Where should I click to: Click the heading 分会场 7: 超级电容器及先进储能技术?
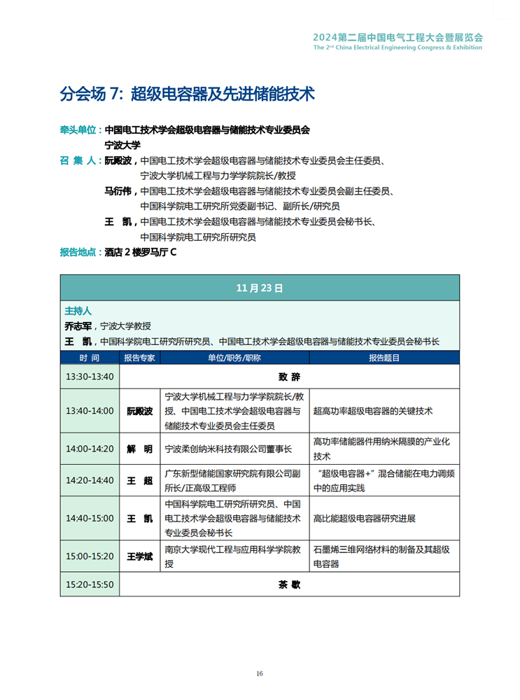click(x=187, y=94)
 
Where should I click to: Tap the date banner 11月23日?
click(x=260, y=288)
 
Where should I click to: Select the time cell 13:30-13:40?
click(x=90, y=377)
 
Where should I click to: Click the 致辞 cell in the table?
click(x=289, y=377)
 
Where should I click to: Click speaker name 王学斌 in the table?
click(x=139, y=556)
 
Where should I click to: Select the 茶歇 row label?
click(x=289, y=584)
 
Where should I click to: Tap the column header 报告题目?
click(x=384, y=358)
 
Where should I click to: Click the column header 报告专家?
click(x=140, y=358)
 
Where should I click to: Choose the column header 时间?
click(x=90, y=358)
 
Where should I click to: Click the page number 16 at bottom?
click(x=260, y=674)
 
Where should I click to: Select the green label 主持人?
click(x=78, y=310)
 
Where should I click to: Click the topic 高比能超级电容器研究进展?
click(x=364, y=519)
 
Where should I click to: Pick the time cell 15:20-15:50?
click(x=90, y=584)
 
